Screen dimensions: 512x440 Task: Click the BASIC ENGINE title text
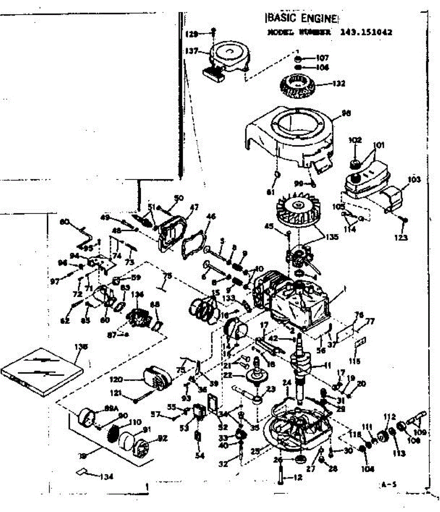pos(303,18)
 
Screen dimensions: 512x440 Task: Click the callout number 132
pos(340,83)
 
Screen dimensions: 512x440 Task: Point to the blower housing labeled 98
pos(290,132)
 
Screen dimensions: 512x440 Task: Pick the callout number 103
pos(414,180)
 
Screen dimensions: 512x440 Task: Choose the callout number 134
pos(108,477)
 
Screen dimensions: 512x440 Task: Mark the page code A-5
pos(388,484)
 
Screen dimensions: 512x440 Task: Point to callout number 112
pos(390,416)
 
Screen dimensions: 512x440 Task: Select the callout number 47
pos(195,207)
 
